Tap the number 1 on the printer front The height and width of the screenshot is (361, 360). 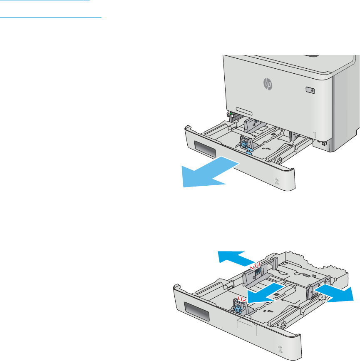(315, 135)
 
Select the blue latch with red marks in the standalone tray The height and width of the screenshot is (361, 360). (238, 308)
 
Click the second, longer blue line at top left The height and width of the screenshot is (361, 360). (51, 17)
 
